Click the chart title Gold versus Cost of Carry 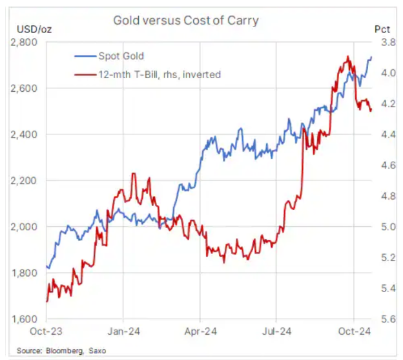pos(185,20)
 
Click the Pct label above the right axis pos(382,29)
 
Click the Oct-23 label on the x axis pos(46,331)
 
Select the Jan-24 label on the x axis pos(123,331)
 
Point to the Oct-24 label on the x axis pos(355,331)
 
